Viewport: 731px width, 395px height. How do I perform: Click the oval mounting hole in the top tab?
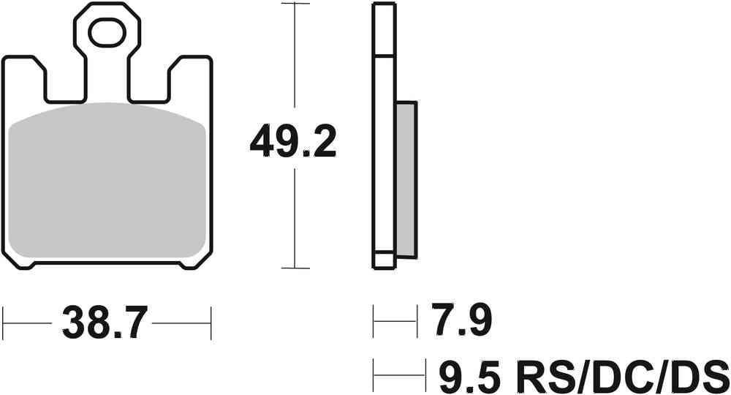pyautogui.click(x=107, y=33)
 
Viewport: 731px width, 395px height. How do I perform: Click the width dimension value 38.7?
pyautogui.click(x=107, y=323)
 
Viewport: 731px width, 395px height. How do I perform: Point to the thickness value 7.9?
pyautogui.click(x=461, y=321)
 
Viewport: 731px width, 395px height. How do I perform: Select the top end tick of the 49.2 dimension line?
pyautogui.click(x=294, y=4)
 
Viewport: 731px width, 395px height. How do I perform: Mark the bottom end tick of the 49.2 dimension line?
pyautogui.click(x=294, y=268)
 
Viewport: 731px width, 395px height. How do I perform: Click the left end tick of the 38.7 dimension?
pyautogui.click(x=4, y=323)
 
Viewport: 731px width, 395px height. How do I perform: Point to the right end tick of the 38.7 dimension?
pyautogui.click(x=211, y=323)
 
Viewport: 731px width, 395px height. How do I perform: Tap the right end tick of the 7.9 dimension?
pyautogui.click(x=416, y=321)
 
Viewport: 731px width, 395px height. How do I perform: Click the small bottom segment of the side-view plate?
pyautogui.click(x=384, y=260)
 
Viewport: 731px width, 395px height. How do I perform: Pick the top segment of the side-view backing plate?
pyautogui.click(x=384, y=29)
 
